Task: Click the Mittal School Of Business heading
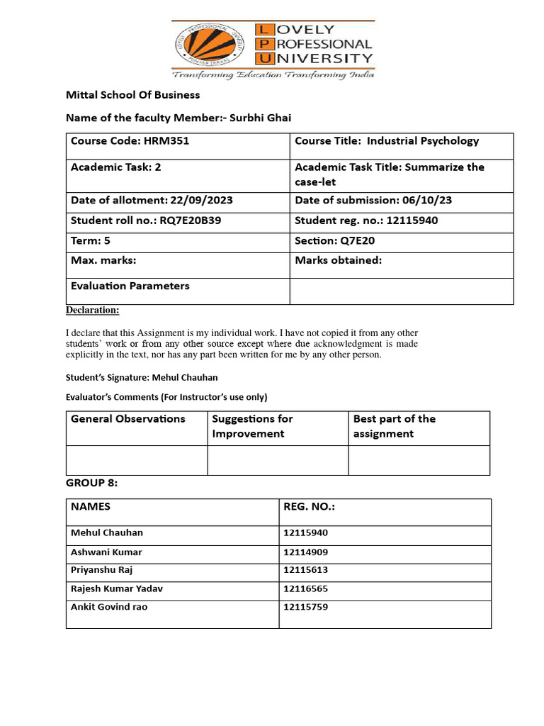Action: pyautogui.click(x=132, y=95)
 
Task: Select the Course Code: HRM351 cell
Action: pyautogui.click(x=130, y=141)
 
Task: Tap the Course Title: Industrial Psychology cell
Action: pyautogui.click(x=387, y=141)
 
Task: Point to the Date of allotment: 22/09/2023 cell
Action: pyautogui.click(x=152, y=201)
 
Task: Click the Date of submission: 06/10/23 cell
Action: pyautogui.click(x=373, y=201)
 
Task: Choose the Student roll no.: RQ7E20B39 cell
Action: pyautogui.click(x=146, y=220)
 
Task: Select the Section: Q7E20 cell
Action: pyautogui.click(x=335, y=240)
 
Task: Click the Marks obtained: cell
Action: pyautogui.click(x=339, y=260)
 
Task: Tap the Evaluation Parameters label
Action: pyautogui.click(x=130, y=286)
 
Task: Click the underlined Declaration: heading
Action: pyautogui.click(x=93, y=311)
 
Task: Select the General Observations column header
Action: pyautogui.click(x=127, y=419)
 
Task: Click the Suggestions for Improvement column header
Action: pyautogui.click(x=252, y=426)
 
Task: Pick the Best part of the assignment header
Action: pyautogui.click(x=395, y=426)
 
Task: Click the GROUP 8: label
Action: pyautogui.click(x=91, y=483)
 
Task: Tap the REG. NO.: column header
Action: pyautogui.click(x=309, y=507)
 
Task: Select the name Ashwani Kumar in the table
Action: pyautogui.click(x=106, y=552)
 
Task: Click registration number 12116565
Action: pyautogui.click(x=305, y=588)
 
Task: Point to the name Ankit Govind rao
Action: pyautogui.click(x=109, y=607)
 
